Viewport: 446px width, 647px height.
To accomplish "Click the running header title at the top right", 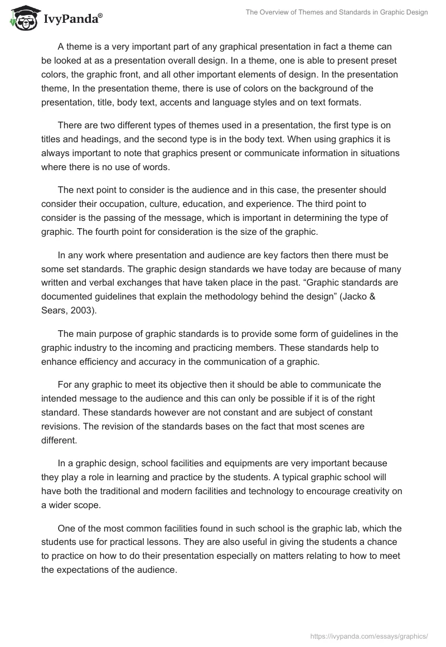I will pos(336,12).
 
